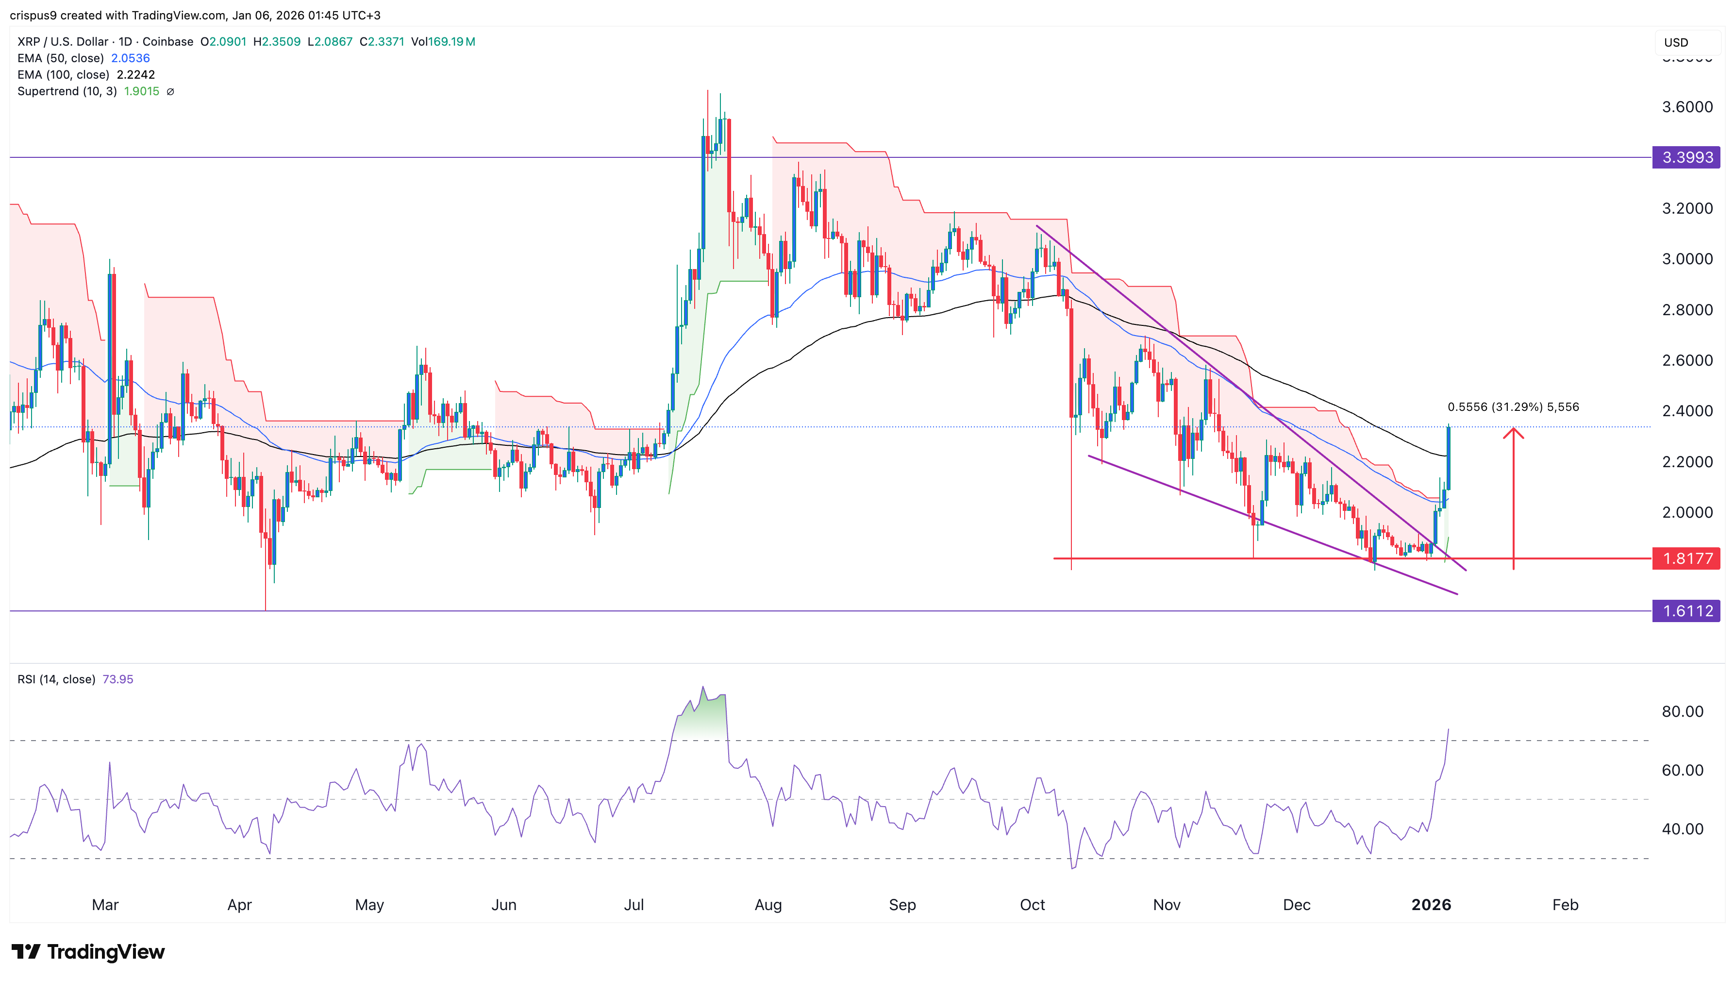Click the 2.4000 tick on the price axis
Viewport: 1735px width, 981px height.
(1686, 411)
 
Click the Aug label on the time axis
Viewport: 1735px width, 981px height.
(768, 905)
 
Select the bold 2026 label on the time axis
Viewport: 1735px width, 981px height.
(1431, 905)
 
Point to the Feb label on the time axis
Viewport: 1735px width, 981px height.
(1565, 905)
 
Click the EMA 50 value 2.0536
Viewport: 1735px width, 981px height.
(130, 58)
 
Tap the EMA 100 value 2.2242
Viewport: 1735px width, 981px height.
(135, 75)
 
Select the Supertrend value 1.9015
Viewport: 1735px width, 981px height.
(141, 91)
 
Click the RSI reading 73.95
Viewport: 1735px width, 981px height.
(118, 679)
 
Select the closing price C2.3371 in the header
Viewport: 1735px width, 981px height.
(382, 42)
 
